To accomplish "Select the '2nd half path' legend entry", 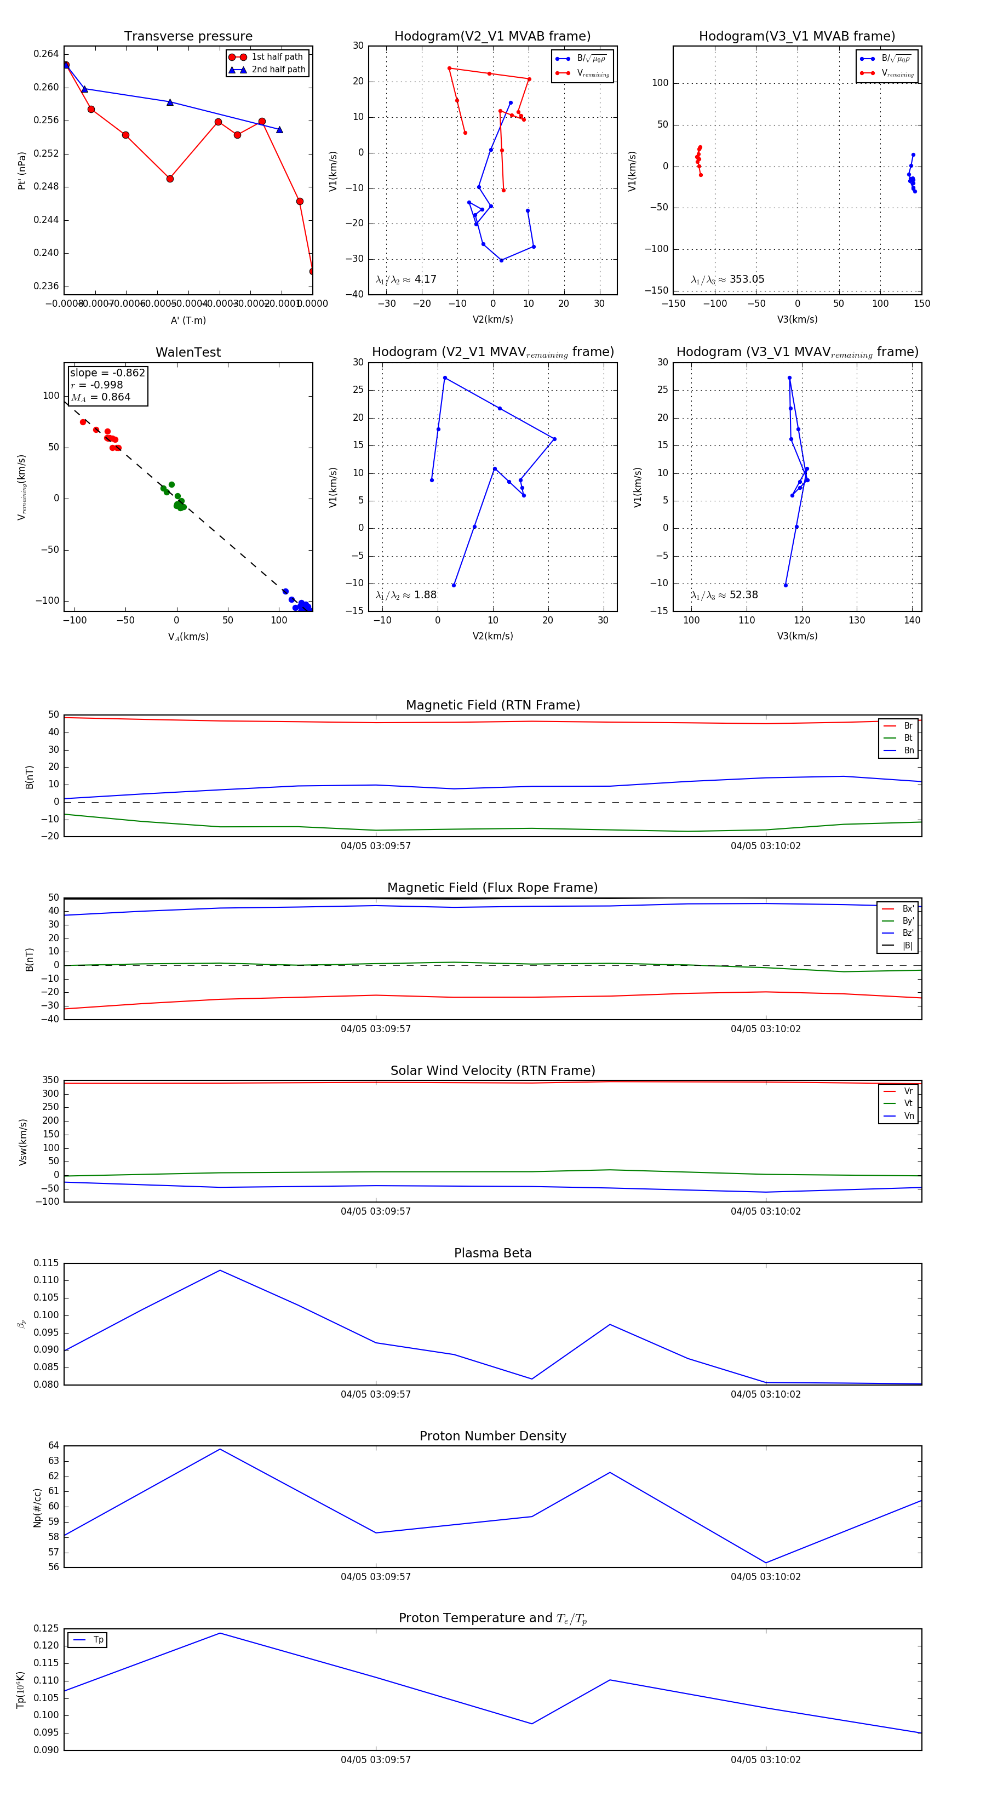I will tap(278, 70).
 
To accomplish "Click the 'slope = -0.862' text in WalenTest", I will tap(107, 373).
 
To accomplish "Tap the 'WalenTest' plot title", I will tap(188, 352).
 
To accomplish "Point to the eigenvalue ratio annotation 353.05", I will tap(746, 279).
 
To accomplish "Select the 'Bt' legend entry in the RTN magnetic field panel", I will tap(908, 737).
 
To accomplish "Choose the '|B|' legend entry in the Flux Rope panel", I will tap(908, 946).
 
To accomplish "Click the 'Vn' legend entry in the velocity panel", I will tap(908, 1116).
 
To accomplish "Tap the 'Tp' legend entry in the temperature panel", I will tap(98, 1640).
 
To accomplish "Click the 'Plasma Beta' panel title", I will tap(492, 1254).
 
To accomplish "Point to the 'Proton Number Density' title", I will tap(492, 1436).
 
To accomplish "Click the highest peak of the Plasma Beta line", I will tap(220, 1271).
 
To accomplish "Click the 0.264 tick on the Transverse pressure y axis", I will tap(47, 54).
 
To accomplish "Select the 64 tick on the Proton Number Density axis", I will tap(53, 1446).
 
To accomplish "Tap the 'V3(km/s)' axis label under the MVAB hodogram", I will tap(796, 319).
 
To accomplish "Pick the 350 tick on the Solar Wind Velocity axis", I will tap(50, 1080).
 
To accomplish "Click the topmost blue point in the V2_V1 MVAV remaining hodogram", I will tap(445, 377).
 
